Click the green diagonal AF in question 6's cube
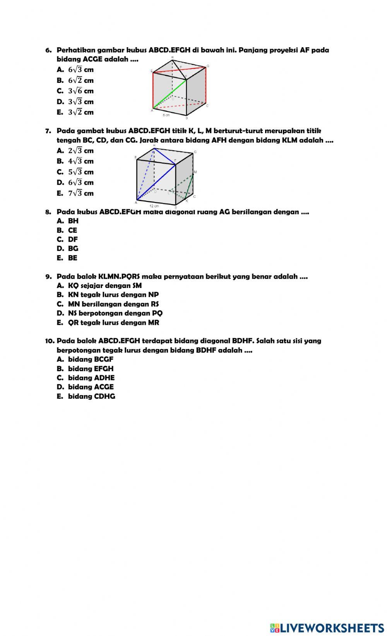coord(170,94)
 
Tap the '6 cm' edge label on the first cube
coord(166,115)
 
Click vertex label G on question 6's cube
coord(208,66)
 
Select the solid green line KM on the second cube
coord(190,187)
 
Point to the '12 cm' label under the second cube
coord(154,206)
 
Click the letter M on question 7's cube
coord(195,172)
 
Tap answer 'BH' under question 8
coord(73,221)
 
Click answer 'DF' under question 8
coord(73,240)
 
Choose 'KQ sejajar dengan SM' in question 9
coord(104,286)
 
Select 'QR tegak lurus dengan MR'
coord(113,322)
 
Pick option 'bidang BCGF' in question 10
coord(91,359)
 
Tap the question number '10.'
coord(50,341)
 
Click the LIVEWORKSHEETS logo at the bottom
coord(327,627)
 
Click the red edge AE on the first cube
coord(153,90)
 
